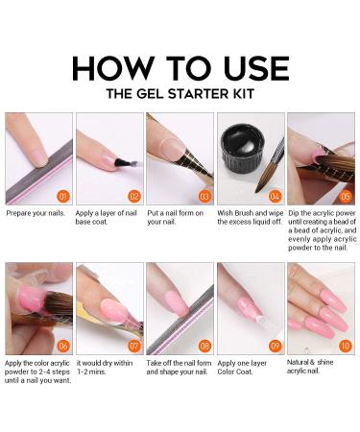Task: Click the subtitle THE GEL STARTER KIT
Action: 180,94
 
